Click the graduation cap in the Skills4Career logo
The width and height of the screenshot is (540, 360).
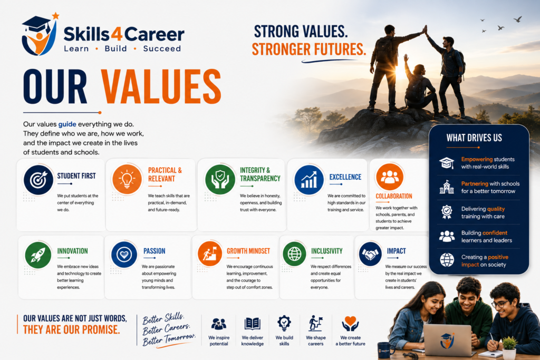[x=36, y=25]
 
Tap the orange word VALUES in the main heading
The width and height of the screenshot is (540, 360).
[x=161, y=86]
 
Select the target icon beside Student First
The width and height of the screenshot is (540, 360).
[x=38, y=180]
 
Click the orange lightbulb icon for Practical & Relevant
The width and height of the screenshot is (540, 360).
[x=127, y=179]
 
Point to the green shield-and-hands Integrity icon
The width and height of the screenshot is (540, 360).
[x=220, y=179]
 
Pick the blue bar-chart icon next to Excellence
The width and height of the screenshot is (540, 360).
[x=309, y=180]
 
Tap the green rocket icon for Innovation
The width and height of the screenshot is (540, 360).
[x=38, y=255]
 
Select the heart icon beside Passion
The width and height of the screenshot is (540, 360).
[x=124, y=255]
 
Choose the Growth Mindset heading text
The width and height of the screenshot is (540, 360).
[x=248, y=251]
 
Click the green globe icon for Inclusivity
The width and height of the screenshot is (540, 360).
[x=294, y=254]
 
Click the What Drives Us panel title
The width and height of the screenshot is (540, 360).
[x=474, y=138]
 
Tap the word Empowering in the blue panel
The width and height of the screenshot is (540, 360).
[x=477, y=159]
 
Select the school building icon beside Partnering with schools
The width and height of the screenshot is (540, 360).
[x=447, y=187]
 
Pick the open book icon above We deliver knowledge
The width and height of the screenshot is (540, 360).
[x=253, y=324]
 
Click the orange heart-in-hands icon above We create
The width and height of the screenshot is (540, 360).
[x=350, y=324]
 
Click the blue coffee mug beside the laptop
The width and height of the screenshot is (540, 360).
[x=385, y=351]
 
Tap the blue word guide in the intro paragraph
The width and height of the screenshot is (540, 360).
[x=67, y=124]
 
